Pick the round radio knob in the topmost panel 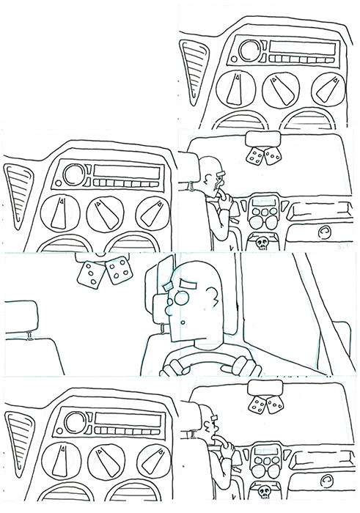click(248, 51)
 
